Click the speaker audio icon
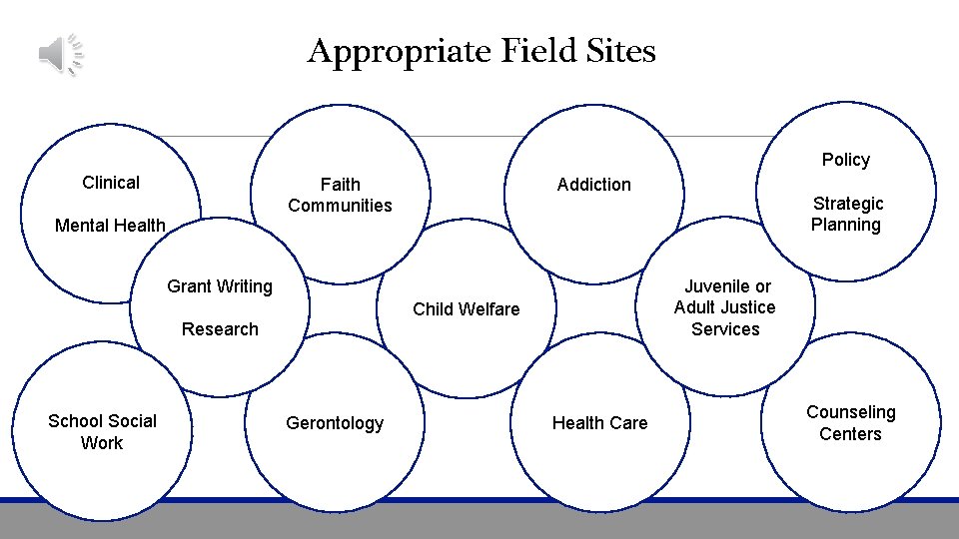(61, 53)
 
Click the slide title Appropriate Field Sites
(480, 50)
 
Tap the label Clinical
(111, 183)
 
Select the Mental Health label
(110, 226)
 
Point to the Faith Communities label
(340, 195)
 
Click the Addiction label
(593, 185)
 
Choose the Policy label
(845, 160)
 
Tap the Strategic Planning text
(846, 214)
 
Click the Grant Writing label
(220, 286)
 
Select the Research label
(220, 329)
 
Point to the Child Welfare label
(467, 309)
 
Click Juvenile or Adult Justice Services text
(725, 307)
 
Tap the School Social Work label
(102, 431)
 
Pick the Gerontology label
(335, 423)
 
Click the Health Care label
(599, 423)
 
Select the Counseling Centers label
(850, 423)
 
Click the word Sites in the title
(621, 50)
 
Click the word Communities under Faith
(340, 206)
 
